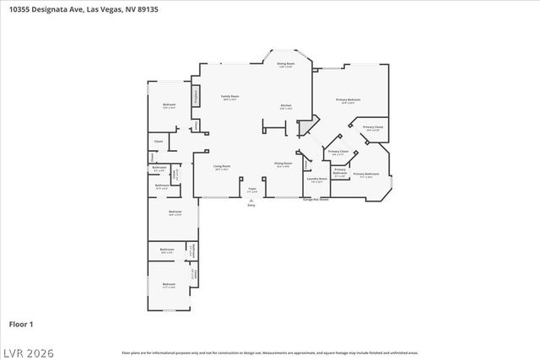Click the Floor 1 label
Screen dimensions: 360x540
[x=21, y=323]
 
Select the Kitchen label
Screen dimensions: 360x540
[x=286, y=106]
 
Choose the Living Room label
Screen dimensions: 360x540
[x=222, y=166]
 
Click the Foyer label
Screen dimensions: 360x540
[x=251, y=189]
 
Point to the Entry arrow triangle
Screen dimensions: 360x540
[x=251, y=200]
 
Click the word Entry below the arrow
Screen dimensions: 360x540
[x=251, y=206]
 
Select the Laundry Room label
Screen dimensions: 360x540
[x=316, y=179]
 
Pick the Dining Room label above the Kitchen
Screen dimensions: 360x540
[x=286, y=64]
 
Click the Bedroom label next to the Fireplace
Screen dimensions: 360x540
[x=169, y=105]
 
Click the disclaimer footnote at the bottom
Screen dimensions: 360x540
[x=269, y=352]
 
